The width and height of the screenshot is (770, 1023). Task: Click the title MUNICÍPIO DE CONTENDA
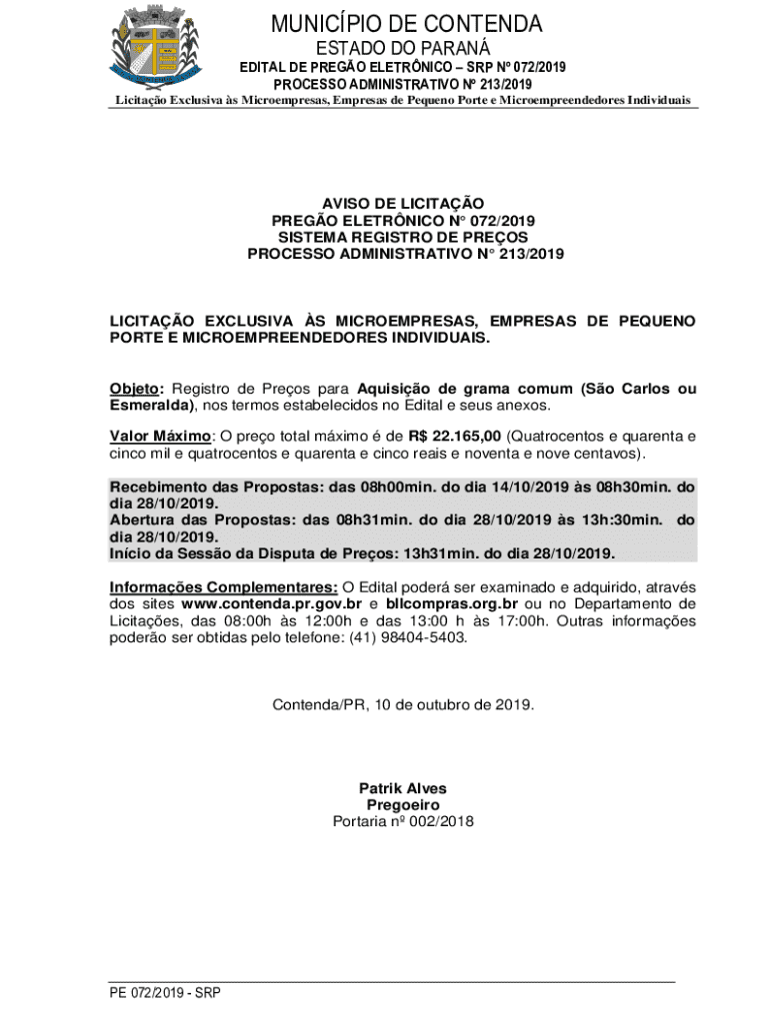(x=405, y=24)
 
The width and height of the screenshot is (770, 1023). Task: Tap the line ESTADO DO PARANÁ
(x=405, y=48)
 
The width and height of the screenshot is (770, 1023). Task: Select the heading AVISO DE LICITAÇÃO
(x=405, y=203)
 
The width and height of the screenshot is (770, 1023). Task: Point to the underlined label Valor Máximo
(x=160, y=437)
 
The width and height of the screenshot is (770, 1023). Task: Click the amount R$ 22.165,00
(x=455, y=437)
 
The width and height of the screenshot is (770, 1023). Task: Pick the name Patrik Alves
(x=403, y=788)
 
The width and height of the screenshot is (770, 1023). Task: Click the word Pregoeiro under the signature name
(x=403, y=805)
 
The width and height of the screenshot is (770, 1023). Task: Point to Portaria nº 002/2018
(x=403, y=822)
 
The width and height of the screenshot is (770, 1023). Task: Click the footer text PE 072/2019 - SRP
(x=165, y=993)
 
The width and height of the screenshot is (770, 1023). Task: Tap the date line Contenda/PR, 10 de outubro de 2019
(x=403, y=704)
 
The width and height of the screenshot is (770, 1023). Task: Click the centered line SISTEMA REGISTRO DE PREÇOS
(x=405, y=237)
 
